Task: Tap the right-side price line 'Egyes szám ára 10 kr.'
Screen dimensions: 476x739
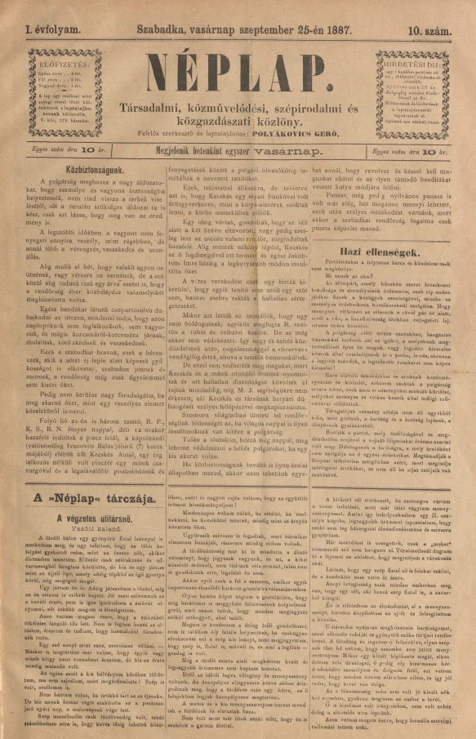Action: pyautogui.click(x=413, y=150)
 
